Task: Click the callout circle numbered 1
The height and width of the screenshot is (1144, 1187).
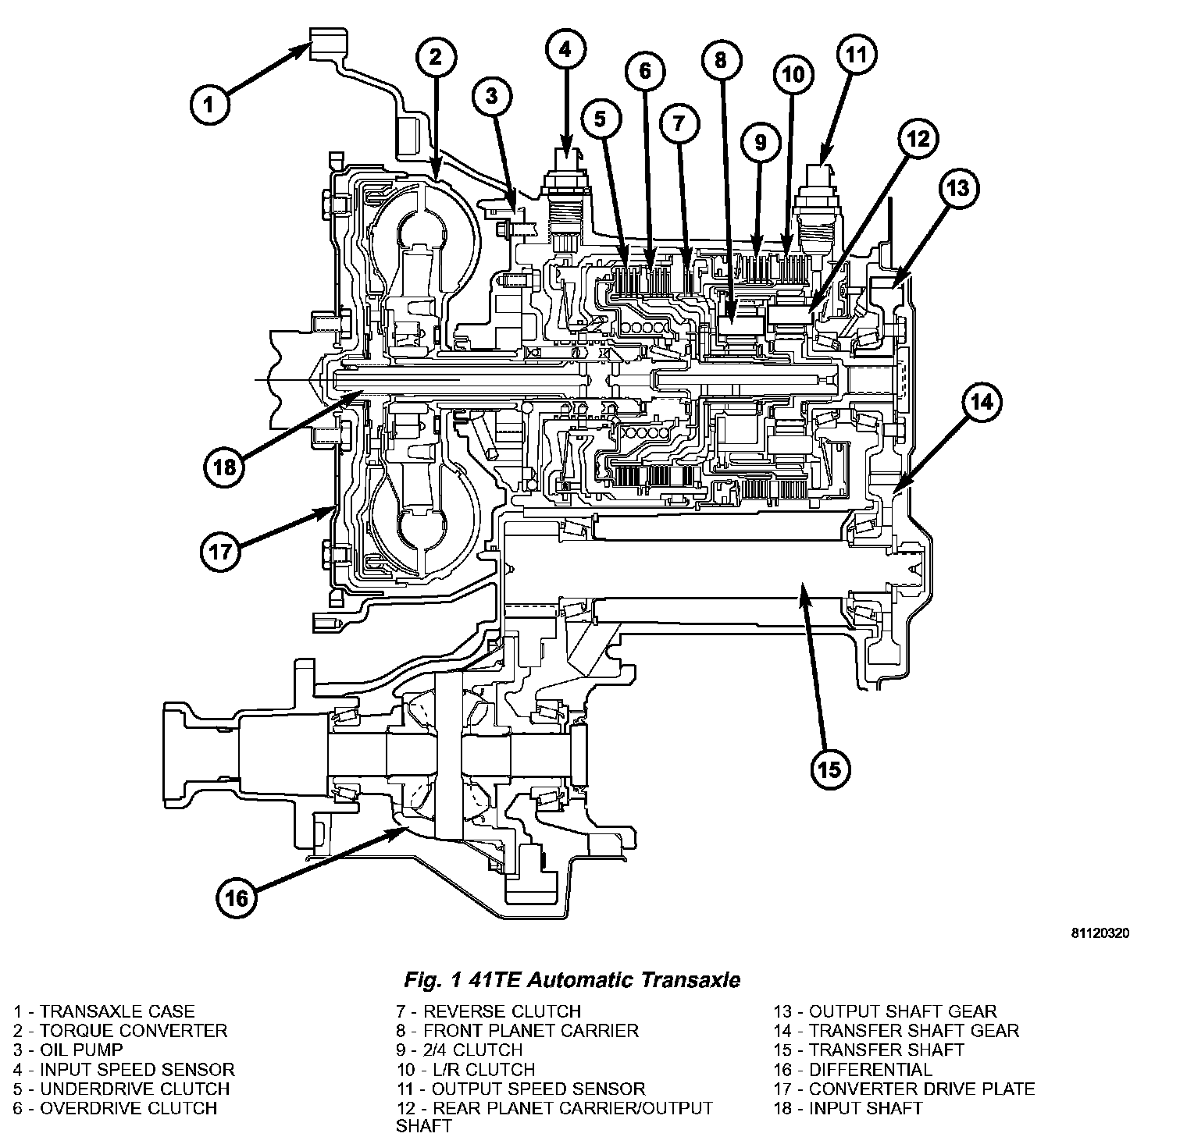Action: click(208, 104)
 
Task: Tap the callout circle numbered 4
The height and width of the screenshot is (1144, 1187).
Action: click(564, 51)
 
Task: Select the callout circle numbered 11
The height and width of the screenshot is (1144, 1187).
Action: click(857, 55)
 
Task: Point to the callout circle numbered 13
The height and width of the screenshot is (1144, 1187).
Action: click(958, 188)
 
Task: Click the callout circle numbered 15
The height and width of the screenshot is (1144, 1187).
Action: click(829, 769)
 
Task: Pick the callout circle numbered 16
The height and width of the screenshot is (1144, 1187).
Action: click(237, 898)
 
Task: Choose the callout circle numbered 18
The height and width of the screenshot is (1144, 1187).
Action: click(224, 467)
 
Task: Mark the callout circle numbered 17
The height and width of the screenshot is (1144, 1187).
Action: click(220, 552)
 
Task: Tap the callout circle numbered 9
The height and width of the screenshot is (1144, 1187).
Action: click(761, 142)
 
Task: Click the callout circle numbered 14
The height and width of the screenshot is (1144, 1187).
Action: click(982, 402)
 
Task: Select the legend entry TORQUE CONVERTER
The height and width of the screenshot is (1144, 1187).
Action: click(119, 1031)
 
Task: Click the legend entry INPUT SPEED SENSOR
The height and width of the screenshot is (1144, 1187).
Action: click(123, 1069)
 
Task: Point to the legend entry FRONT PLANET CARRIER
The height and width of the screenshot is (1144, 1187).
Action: click(517, 1031)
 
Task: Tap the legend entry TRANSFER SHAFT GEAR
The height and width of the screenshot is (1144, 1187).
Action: click(896, 1031)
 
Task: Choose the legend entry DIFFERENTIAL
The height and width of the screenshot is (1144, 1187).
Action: click(853, 1069)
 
